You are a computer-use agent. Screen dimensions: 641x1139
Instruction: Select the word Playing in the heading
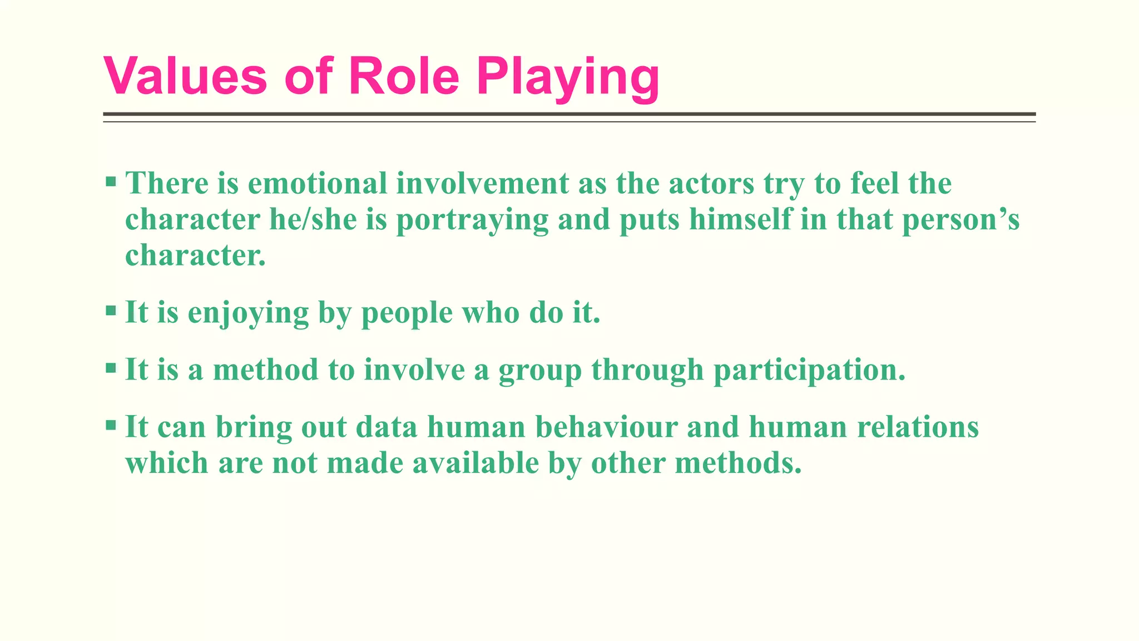click(568, 78)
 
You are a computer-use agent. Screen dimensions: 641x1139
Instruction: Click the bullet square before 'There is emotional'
click(111, 181)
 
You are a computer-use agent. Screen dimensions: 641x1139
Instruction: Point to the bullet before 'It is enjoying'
click(111, 310)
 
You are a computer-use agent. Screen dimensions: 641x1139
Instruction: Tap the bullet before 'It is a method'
click(111, 368)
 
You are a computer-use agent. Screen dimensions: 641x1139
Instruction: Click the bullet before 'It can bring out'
click(111, 426)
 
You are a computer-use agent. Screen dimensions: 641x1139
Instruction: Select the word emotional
click(317, 183)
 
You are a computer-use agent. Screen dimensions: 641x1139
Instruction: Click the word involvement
click(483, 183)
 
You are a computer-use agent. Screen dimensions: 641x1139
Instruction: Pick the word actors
click(711, 183)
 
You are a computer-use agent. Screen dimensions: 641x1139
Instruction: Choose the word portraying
click(472, 220)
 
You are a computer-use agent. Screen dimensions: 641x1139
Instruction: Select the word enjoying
click(248, 313)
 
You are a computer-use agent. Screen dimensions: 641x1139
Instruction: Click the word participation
click(809, 370)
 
